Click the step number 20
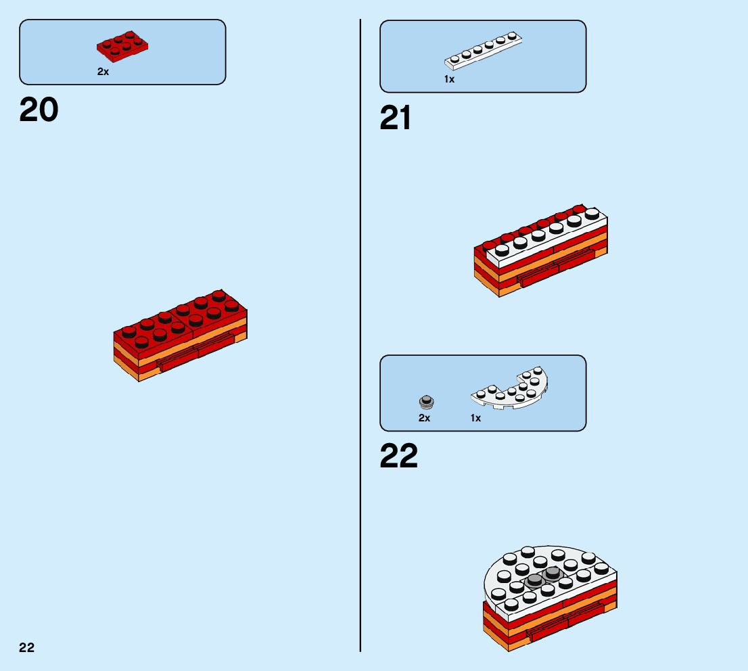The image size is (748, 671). pyautogui.click(x=39, y=110)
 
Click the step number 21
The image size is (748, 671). pyautogui.click(x=396, y=119)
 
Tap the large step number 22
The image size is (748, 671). pyautogui.click(x=399, y=456)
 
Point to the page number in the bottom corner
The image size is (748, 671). pyautogui.click(x=27, y=647)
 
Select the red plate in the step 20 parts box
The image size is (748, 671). pyautogui.click(x=122, y=44)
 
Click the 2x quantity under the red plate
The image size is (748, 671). pyautogui.click(x=103, y=72)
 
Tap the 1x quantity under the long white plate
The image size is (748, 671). pyautogui.click(x=450, y=79)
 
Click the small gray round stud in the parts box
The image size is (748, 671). pyautogui.click(x=426, y=402)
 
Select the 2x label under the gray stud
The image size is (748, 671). pyautogui.click(x=424, y=418)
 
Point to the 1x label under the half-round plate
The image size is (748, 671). pyautogui.click(x=476, y=418)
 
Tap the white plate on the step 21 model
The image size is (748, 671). pyautogui.click(x=548, y=234)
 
